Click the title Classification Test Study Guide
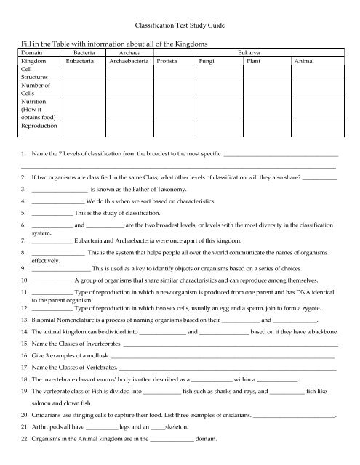point(180,25)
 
